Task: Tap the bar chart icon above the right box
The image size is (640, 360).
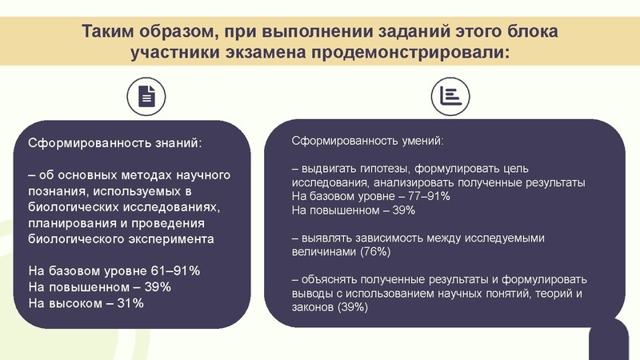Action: point(449,96)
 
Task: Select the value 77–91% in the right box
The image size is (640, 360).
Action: point(429,195)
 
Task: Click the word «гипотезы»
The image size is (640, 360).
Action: point(378,169)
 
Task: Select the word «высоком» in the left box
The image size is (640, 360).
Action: point(74,303)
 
